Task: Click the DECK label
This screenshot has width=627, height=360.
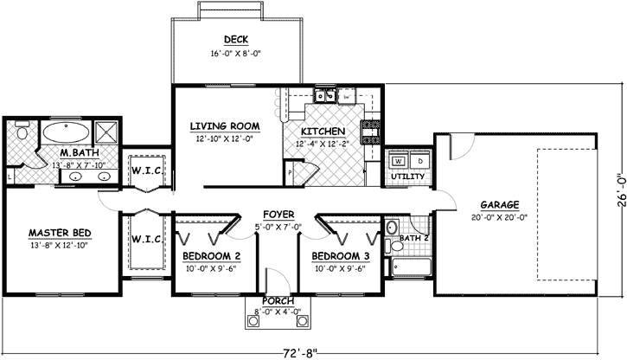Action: pyautogui.click(x=236, y=40)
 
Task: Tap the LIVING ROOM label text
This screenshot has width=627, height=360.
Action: pyautogui.click(x=225, y=126)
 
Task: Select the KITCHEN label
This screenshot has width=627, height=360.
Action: pyautogui.click(x=322, y=132)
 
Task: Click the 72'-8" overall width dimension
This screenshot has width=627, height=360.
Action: pyautogui.click(x=300, y=351)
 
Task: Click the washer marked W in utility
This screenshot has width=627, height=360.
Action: pyautogui.click(x=399, y=161)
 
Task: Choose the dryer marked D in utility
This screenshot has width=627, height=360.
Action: pyautogui.click(x=419, y=161)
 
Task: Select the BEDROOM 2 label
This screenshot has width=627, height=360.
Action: pyautogui.click(x=211, y=256)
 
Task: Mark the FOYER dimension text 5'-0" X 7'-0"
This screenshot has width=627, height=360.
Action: pyautogui.click(x=278, y=227)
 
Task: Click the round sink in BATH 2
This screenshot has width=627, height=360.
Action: pyautogui.click(x=391, y=229)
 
